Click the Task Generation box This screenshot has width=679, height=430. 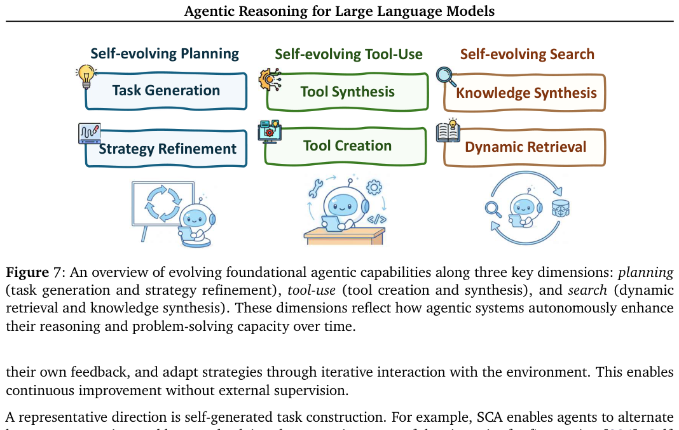pos(166,91)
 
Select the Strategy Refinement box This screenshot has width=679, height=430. pos(167,149)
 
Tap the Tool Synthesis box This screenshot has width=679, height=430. pos(347,92)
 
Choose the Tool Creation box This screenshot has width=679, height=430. pos(347,146)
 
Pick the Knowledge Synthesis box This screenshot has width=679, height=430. pos(526,93)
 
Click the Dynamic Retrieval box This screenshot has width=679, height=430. pos(525,147)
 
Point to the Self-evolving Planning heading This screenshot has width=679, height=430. pos(165,54)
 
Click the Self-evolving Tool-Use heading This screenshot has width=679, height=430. pos(348,55)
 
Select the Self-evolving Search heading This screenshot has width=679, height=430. pos(527,55)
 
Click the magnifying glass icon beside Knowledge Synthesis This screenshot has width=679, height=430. pos(446,77)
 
